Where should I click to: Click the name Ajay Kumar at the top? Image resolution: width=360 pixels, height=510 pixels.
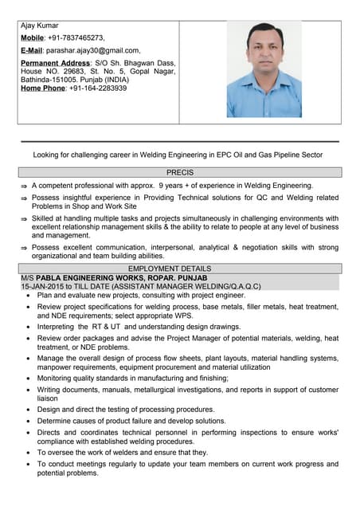coord(40,25)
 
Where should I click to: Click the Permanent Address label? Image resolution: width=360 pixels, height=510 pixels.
coord(55,62)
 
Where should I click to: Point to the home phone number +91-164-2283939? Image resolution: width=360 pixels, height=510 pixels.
coord(96,88)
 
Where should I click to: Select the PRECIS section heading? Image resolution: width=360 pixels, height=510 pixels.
coord(180,172)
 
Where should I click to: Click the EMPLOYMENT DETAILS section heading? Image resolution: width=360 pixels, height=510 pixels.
coord(180,269)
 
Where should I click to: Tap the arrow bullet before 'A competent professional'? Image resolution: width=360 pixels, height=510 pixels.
coord(24,186)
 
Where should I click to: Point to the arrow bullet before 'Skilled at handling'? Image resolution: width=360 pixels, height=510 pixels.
coord(24,218)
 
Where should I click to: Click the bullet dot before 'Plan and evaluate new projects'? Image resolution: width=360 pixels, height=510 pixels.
coord(28,295)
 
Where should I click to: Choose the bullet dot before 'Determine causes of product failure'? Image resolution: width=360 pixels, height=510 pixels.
coord(28,421)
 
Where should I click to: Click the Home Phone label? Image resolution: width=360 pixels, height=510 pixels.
coord(45,88)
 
